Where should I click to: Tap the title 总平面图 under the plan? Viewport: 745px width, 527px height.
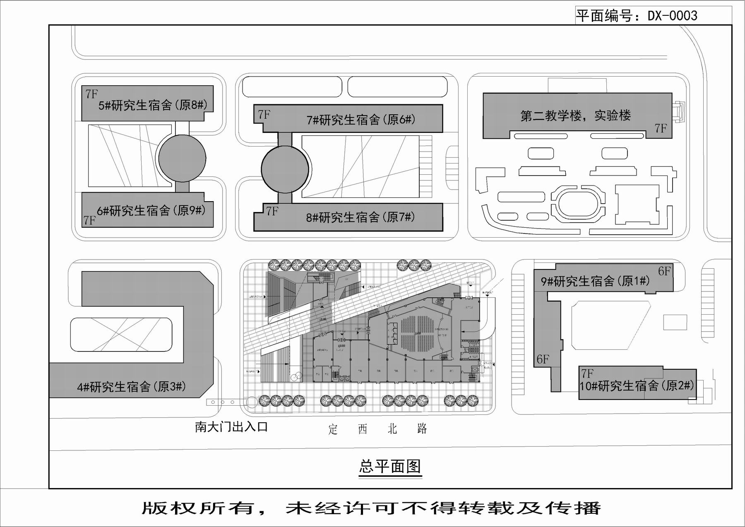tap(390, 466)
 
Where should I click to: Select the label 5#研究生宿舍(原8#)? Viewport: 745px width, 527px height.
tap(152, 105)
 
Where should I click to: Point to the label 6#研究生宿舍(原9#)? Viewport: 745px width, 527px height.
tap(151, 211)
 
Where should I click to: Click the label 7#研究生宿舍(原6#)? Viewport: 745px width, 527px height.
tap(360, 120)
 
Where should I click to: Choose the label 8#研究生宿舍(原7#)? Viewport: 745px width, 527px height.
tap(360, 217)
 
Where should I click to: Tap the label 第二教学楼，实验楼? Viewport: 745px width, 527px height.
tap(575, 115)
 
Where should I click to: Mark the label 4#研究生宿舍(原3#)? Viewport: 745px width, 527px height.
tap(131, 387)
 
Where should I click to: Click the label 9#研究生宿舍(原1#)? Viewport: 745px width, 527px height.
tap(595, 281)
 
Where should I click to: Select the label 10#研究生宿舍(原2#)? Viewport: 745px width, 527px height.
tap(636, 386)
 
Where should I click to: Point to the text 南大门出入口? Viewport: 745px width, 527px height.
tap(231, 427)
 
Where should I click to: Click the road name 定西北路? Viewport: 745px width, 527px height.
tap(377, 429)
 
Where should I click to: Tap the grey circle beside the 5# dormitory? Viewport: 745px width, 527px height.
tap(182, 158)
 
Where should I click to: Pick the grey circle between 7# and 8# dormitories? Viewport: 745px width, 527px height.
tap(285, 168)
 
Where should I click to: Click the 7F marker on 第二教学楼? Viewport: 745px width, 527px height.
tap(661, 128)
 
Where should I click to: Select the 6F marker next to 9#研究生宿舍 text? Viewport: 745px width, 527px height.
tap(664, 271)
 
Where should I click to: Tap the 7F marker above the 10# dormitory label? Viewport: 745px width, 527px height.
tap(587, 373)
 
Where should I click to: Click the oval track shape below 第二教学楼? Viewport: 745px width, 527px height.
tap(578, 203)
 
